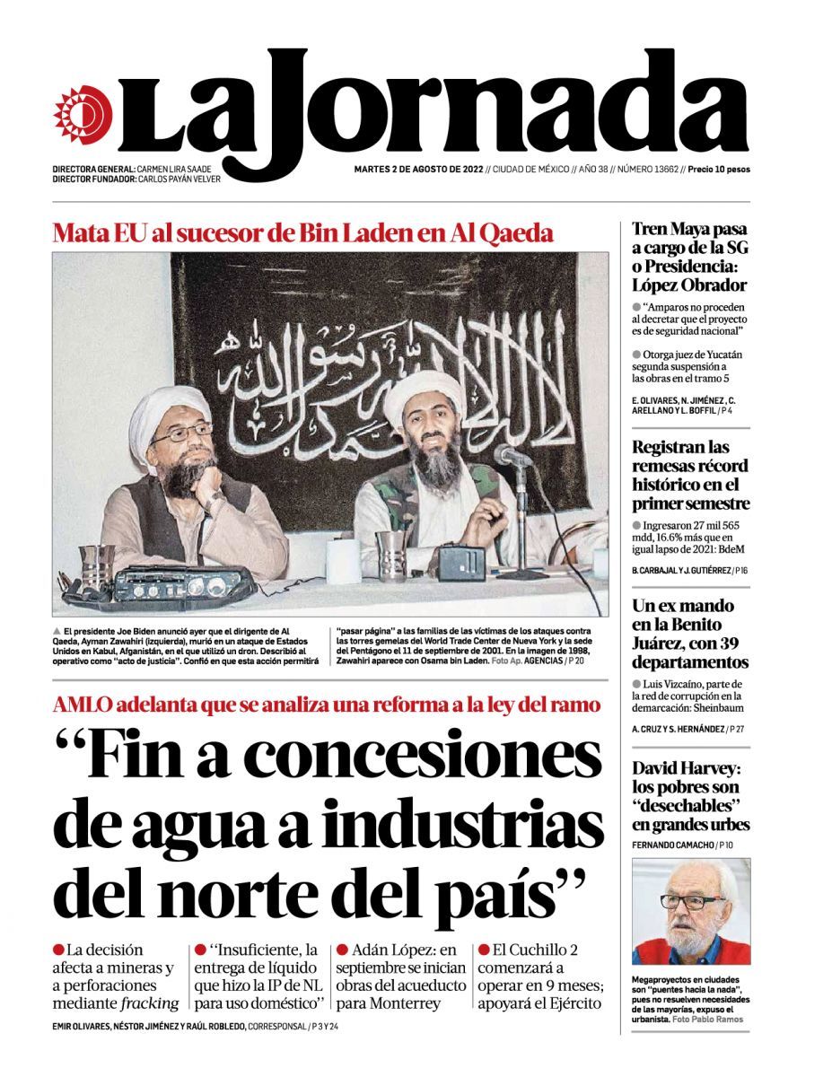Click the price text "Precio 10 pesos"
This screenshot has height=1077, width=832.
click(x=718, y=169)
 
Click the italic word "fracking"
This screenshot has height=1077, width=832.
click(x=149, y=1003)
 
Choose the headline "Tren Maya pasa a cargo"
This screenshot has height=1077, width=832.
click(x=689, y=257)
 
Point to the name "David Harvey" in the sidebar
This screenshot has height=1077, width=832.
click(x=688, y=768)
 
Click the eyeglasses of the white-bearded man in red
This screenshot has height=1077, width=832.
click(x=692, y=901)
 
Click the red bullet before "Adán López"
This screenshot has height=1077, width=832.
click(x=342, y=950)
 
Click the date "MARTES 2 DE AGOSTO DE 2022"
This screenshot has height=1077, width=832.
click(x=417, y=169)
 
